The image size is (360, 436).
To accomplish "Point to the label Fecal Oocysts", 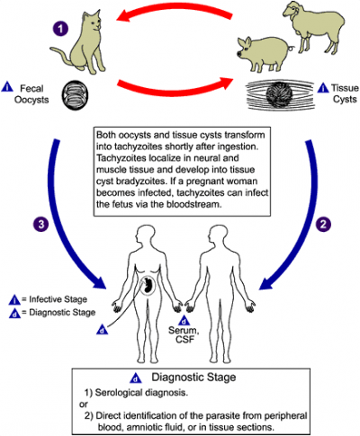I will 32,93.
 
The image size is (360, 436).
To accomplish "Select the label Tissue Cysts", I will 337,94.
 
